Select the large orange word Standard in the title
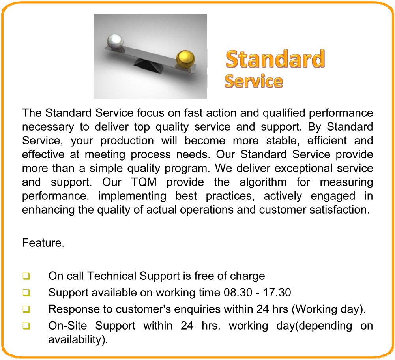pyautogui.click(x=275, y=59)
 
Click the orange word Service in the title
pyautogui.click(x=254, y=81)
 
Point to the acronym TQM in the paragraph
pyautogui.click(x=144, y=182)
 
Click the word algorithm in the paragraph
pyautogui.click(x=263, y=182)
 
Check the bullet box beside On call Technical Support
pyautogui.click(x=26, y=276)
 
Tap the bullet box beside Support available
pyautogui.click(x=26, y=293)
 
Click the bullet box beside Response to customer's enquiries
pyautogui.click(x=26, y=309)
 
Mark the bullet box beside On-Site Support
pyautogui.click(x=26, y=326)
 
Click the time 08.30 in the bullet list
pyautogui.click(x=238, y=293)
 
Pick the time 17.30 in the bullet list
pyautogui.click(x=277, y=293)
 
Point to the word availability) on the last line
pyautogui.click(x=78, y=340)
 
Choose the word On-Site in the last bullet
pyautogui.click(x=67, y=326)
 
